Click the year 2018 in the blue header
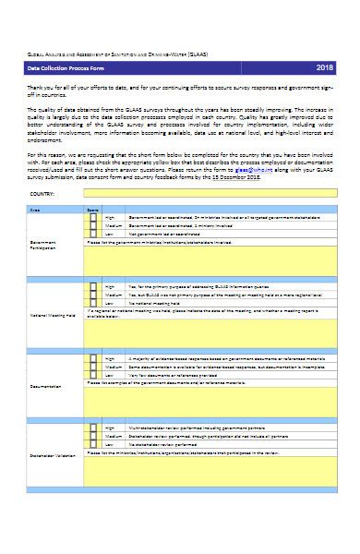(325, 68)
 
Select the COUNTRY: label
(42, 196)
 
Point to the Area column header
(37, 211)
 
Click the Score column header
(92, 211)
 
